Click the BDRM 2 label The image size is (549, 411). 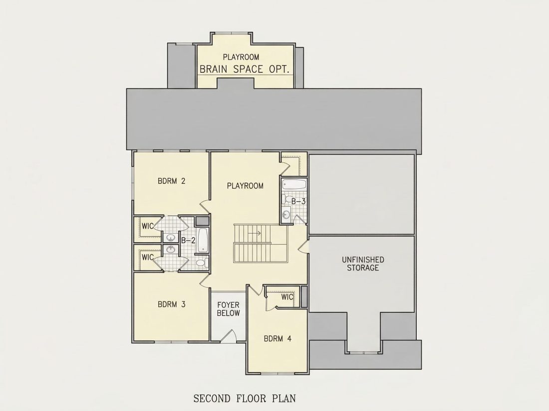[171, 181]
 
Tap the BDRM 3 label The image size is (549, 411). [171, 304]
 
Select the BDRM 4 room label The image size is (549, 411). [277, 339]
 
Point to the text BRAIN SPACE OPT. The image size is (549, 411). [245, 69]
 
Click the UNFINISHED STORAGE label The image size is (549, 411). [363, 264]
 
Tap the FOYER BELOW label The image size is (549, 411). [228, 309]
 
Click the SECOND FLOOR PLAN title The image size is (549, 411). [245, 399]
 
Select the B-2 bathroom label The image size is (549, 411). [188, 241]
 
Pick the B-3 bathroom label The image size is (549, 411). [298, 202]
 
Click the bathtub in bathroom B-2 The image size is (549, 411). [203, 240]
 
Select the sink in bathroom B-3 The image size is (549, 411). [286, 214]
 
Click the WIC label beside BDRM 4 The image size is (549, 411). [287, 297]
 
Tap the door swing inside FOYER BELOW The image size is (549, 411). [228, 335]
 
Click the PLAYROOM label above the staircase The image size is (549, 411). [245, 186]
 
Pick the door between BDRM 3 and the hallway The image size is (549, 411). [205, 280]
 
